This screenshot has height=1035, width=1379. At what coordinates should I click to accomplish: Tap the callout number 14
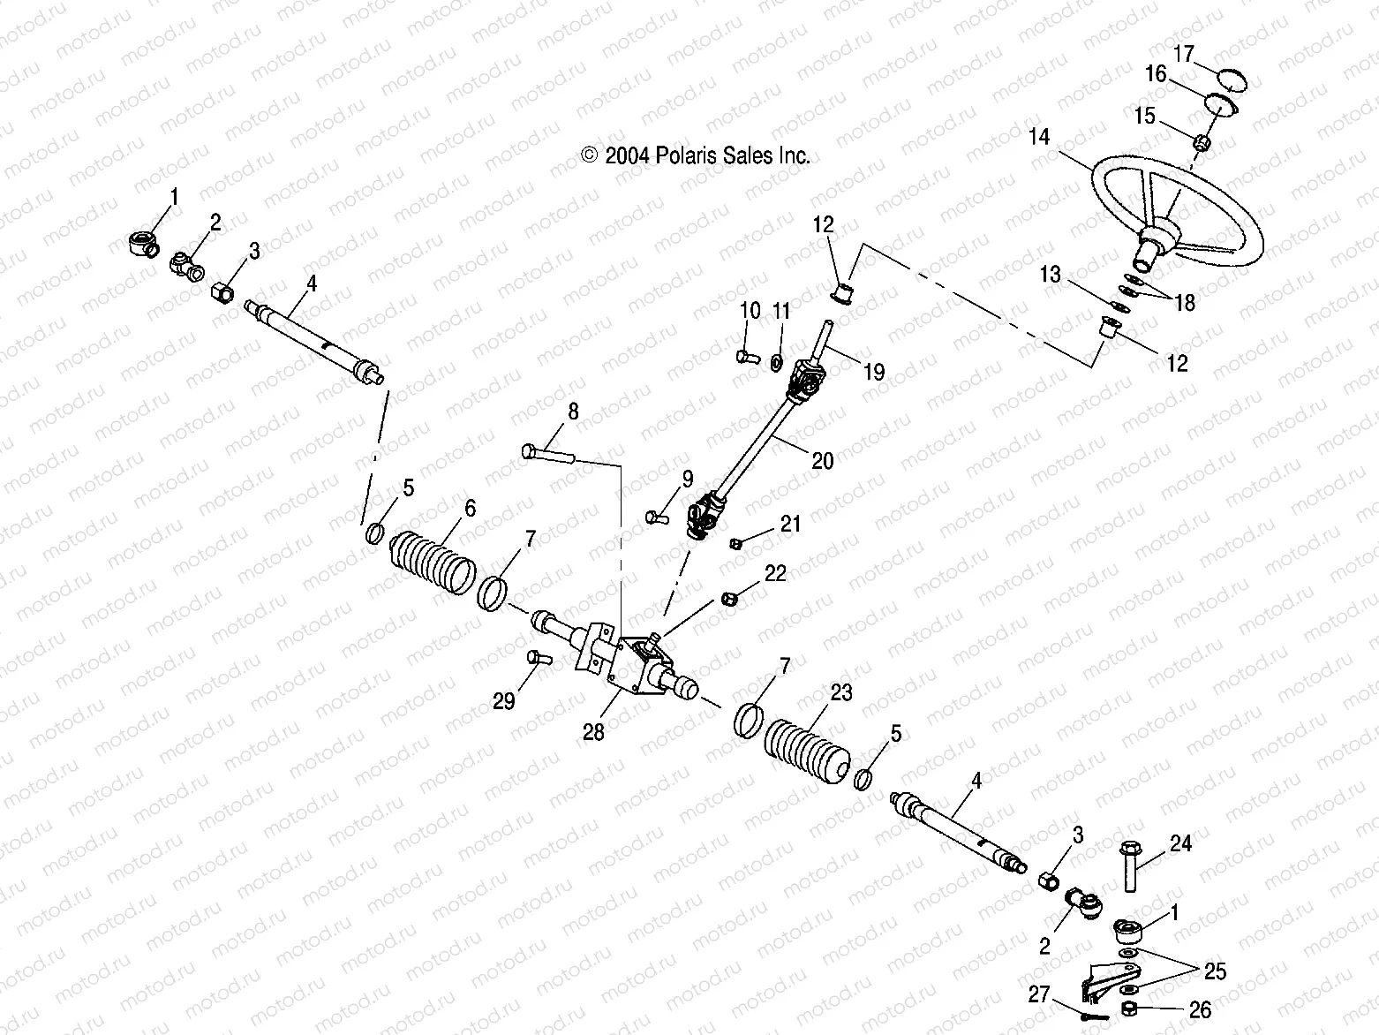click(x=1039, y=137)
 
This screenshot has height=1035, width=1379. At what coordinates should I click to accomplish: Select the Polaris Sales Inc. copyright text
click(x=696, y=156)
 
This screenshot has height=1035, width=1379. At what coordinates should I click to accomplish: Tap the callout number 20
click(x=822, y=460)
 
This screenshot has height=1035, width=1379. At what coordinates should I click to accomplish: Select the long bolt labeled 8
click(x=548, y=454)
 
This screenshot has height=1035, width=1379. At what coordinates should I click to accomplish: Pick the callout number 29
click(x=503, y=702)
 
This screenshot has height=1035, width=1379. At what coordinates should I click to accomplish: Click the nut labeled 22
click(x=729, y=599)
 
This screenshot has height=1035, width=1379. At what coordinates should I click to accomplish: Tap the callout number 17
click(x=1183, y=55)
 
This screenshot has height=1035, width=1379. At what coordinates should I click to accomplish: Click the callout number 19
click(x=873, y=372)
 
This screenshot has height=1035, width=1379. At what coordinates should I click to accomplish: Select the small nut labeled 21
click(x=734, y=542)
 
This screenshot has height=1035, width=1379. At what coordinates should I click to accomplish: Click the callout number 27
click(x=1039, y=994)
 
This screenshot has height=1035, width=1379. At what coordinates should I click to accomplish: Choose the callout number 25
click(x=1216, y=972)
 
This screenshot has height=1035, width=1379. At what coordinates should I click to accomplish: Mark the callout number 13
click(x=1050, y=275)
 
